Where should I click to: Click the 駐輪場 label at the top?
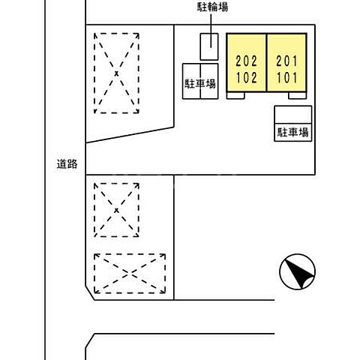[x=212, y=7]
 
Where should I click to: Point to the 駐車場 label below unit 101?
[x=293, y=133]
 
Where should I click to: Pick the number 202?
[x=247, y=61]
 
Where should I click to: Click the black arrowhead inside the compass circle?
[x=300, y=274]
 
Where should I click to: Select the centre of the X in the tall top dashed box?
[x=116, y=73]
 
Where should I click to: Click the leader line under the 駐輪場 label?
[x=212, y=23]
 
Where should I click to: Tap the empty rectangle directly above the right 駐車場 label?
[x=292, y=115]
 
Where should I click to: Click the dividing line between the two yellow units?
[x=267, y=64]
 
